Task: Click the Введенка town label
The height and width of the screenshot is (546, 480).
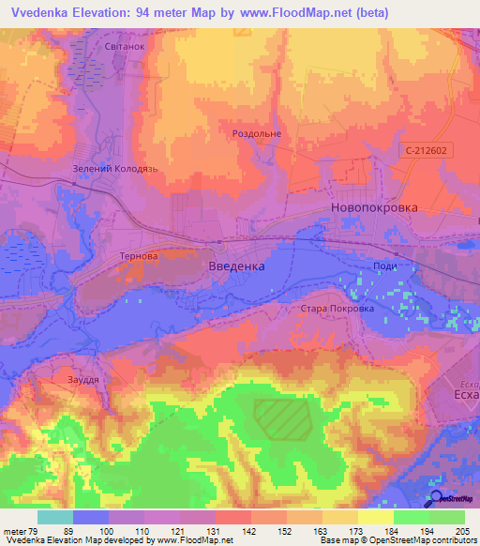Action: pyautogui.click(x=234, y=266)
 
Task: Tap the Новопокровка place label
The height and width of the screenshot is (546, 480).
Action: pyautogui.click(x=374, y=208)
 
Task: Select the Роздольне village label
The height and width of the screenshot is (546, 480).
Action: pyautogui.click(x=257, y=134)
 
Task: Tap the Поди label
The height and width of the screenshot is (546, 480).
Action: pyautogui.click(x=384, y=266)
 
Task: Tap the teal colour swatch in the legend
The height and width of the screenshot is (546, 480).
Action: pyautogui.click(x=55, y=517)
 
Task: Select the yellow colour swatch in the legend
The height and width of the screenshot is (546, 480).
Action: pyautogui.click(x=376, y=517)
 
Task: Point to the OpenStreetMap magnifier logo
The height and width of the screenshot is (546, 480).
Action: pyautogui.click(x=437, y=498)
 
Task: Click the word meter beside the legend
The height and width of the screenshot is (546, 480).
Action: pyautogui.click(x=15, y=532)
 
